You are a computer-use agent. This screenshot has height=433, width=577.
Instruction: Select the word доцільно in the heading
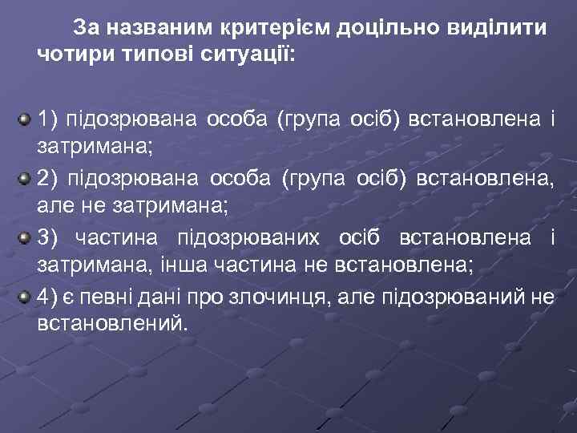[x=380, y=29]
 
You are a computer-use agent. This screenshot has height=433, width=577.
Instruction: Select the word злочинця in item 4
[x=289, y=296]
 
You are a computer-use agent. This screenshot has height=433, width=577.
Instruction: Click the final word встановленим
[x=110, y=323]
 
